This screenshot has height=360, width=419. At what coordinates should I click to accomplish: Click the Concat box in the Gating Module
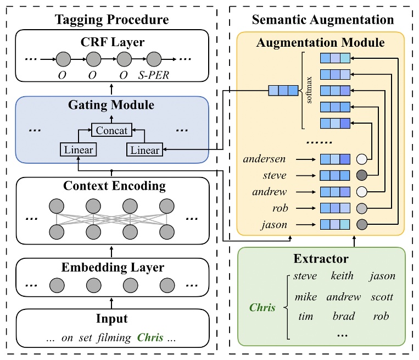point(111,131)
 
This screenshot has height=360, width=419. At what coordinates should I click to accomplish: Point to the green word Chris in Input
point(150,337)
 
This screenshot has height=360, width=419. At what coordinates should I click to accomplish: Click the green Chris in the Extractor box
point(262,307)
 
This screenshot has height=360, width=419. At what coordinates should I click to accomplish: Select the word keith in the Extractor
point(343,276)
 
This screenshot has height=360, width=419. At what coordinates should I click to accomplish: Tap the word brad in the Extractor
point(343,316)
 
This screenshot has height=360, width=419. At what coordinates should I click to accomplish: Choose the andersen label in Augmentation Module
point(265,159)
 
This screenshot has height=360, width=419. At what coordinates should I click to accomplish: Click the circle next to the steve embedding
point(361,176)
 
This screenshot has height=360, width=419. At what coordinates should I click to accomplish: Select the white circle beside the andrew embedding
point(361,192)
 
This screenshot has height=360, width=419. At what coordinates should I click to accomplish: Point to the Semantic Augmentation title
point(322,20)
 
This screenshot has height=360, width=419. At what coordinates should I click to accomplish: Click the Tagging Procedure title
point(111,20)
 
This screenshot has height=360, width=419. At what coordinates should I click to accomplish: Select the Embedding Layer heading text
point(113,268)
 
